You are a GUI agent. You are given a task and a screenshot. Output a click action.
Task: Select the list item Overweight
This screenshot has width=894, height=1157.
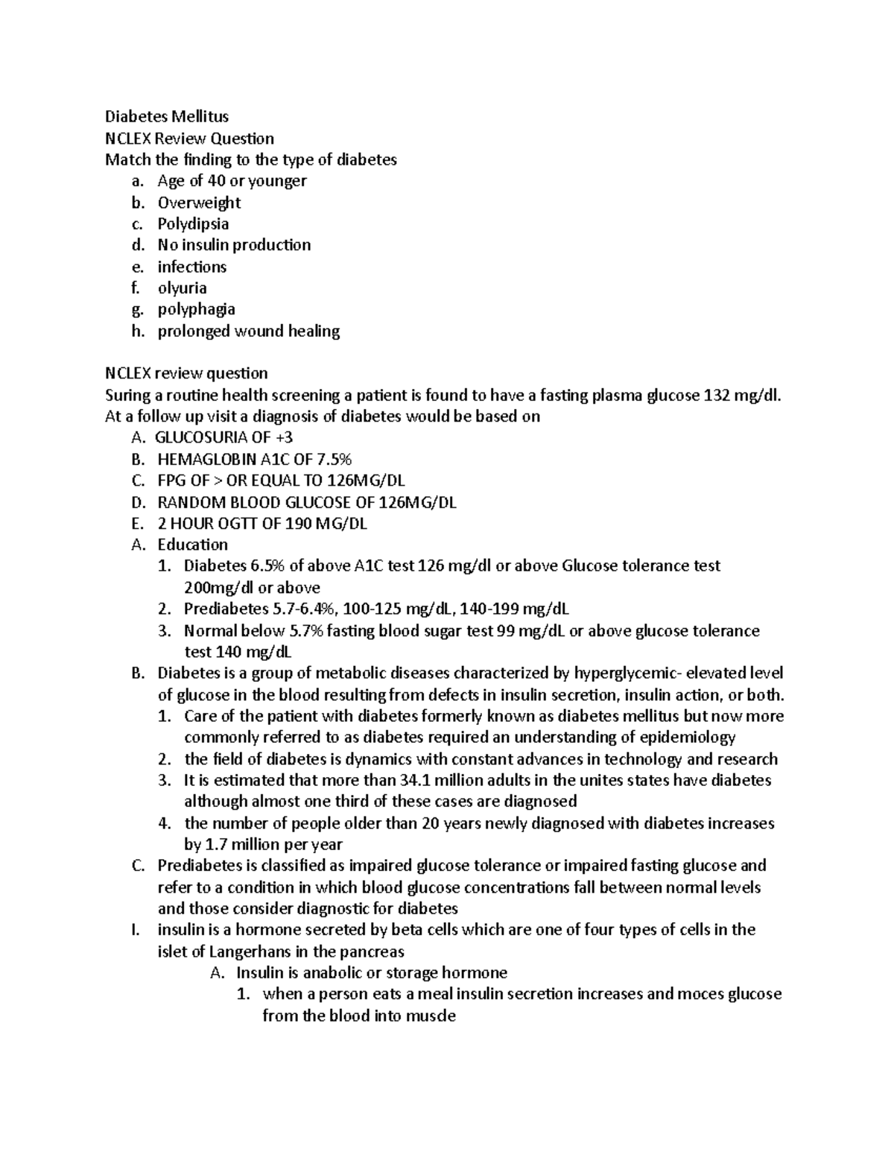click(199, 203)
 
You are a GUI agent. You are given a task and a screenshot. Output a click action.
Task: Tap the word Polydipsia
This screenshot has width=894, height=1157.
click(193, 224)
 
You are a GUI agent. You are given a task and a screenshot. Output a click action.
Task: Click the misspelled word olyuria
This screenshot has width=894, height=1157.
click(182, 288)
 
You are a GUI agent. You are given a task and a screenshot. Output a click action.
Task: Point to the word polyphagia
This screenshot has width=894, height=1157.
click(196, 309)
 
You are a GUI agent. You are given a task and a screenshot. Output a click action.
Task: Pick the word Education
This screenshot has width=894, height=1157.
click(192, 545)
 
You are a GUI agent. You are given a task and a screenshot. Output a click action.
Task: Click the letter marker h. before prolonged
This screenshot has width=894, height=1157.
click(136, 331)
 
